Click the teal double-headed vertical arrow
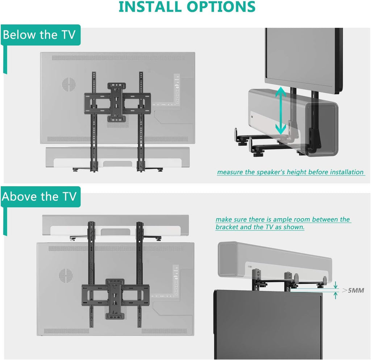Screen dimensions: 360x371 click(280, 110)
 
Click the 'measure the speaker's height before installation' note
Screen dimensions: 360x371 click(291, 172)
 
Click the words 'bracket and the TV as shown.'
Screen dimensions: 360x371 click(260, 227)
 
